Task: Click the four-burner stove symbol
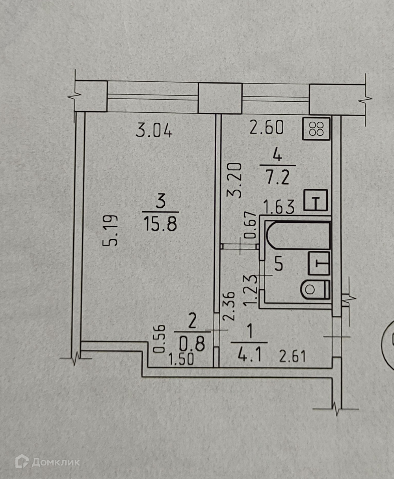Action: tap(316, 129)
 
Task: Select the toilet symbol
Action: tap(315, 290)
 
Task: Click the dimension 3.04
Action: tap(154, 130)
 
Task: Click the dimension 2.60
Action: tap(267, 128)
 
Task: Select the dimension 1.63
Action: tap(279, 207)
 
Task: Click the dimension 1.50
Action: tap(181, 359)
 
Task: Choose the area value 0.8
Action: tap(192, 344)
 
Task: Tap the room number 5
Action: tap(279, 265)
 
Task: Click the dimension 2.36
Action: tap(230, 306)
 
